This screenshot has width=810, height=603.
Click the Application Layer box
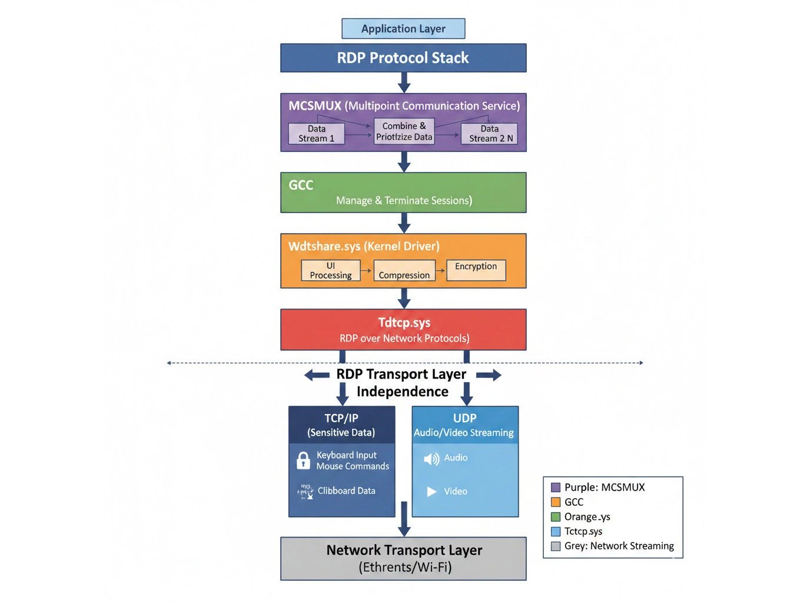coord(403,29)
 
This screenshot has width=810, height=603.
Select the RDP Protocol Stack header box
coord(403,58)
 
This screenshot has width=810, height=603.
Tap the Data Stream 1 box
coord(316,134)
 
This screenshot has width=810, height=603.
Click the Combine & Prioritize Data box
coord(404,131)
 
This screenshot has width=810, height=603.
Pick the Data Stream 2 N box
coord(489,134)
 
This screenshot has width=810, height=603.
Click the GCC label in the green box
coord(301,185)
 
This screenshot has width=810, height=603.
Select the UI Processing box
coord(331,270)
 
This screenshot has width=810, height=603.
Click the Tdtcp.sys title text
coord(404,323)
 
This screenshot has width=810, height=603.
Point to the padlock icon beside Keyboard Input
coord(303,460)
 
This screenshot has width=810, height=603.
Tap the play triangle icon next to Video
coord(431,492)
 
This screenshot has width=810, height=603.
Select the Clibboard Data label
coord(346,491)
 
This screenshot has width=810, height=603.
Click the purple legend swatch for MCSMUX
coord(555,488)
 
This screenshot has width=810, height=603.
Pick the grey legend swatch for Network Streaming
coord(555,546)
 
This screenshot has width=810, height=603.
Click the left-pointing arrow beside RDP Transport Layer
coord(317,375)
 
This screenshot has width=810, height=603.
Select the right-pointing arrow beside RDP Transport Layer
coord(489,375)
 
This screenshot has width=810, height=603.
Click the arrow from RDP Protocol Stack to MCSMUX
coord(404,82)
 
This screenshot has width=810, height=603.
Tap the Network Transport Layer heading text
coord(404,550)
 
